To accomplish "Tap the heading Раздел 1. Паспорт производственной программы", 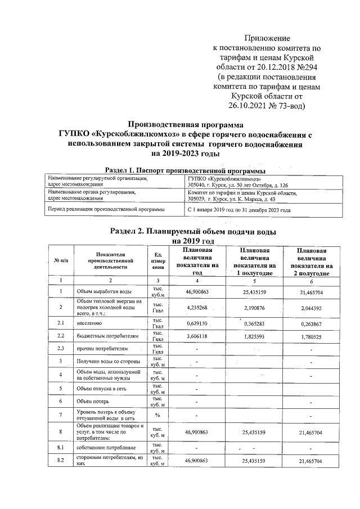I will [185, 170].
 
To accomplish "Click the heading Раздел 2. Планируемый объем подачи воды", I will [193, 231].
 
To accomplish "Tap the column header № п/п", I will [61, 260].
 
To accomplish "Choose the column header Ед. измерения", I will [158, 261].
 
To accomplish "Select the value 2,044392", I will [310, 308].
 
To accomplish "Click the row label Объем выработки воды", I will [104, 292].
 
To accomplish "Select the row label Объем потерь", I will [93, 402].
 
